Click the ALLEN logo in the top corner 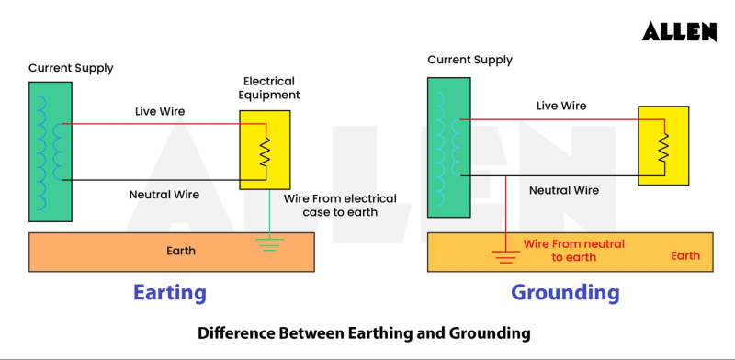(x=678, y=31)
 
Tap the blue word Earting (x=169, y=293)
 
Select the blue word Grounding (x=565, y=293)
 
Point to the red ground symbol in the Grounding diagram (x=505, y=254)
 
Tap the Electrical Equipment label (x=271, y=88)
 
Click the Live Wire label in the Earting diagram (x=160, y=112)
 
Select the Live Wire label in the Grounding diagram (x=561, y=106)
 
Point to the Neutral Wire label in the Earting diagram (x=164, y=195)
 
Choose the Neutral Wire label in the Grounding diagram (x=564, y=190)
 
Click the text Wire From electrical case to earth (x=340, y=205)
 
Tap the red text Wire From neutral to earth (x=573, y=251)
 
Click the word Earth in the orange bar (x=180, y=251)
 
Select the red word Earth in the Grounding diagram (x=684, y=255)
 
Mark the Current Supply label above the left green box (x=71, y=68)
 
